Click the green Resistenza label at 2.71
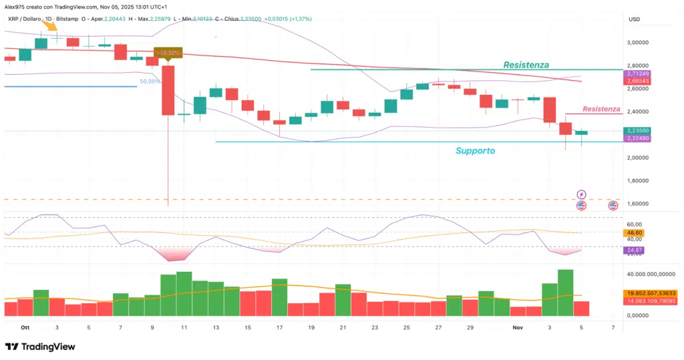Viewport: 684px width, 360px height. coord(526,65)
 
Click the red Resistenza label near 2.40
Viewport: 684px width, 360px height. coord(601,109)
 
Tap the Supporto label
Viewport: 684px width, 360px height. coord(475,151)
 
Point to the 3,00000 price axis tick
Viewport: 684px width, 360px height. coord(644,42)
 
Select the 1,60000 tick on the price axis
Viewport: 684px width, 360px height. coord(644,204)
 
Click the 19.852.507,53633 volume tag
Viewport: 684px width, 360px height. coord(651,293)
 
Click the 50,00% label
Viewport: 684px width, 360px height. coord(149,81)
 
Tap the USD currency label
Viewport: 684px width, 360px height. coord(634,19)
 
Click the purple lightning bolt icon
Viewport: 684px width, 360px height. coord(581,194)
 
